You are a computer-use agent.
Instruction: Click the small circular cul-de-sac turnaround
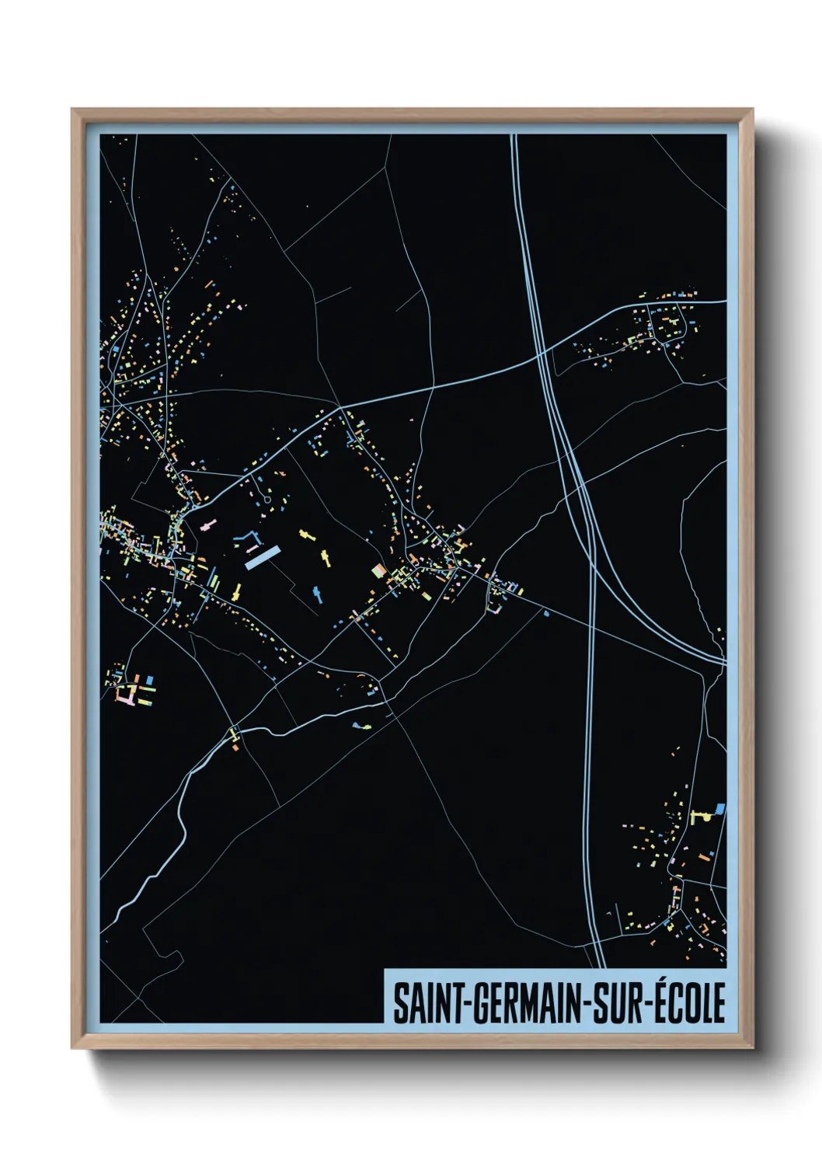pos(267,500)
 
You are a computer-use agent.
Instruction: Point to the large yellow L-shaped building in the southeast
pos(700,816)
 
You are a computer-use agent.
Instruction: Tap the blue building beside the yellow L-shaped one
pos(719,809)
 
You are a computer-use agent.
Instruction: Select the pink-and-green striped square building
pos(379,570)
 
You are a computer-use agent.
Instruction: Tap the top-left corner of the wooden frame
pos(72,110)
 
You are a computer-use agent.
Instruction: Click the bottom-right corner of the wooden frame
pos(752,1047)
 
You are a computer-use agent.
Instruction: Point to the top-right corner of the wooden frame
pos(752,110)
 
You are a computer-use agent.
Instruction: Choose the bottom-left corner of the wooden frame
pos(72,1047)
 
